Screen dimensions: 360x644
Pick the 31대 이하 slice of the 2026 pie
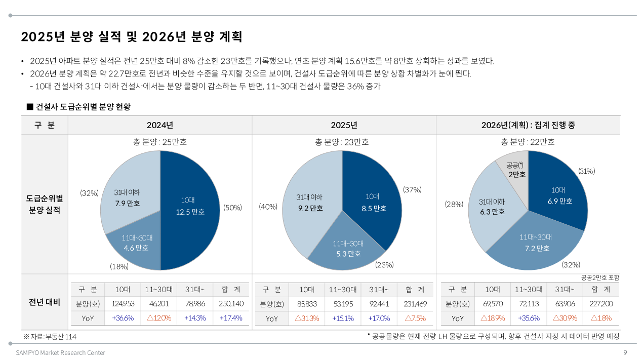tap(491, 208)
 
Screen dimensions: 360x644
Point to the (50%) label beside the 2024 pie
tap(232, 208)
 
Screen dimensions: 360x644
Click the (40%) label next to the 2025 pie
tap(267, 207)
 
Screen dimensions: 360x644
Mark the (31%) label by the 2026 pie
tap(586, 171)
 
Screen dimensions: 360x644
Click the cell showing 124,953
tap(122, 304)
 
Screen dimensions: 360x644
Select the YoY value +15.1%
tap(342, 318)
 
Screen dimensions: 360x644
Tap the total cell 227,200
tap(600, 304)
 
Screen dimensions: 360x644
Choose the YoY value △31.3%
tap(306, 318)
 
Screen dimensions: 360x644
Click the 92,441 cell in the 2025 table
tap(379, 304)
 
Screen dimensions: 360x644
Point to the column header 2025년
tap(344, 125)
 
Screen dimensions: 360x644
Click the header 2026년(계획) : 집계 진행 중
tap(528, 125)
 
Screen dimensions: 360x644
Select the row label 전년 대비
tap(45, 302)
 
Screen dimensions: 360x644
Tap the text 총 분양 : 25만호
tap(160, 142)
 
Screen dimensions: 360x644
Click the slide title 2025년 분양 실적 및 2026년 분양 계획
tap(132, 37)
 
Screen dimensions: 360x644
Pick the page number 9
tap(625, 352)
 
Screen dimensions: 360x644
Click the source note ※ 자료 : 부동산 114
tap(50, 337)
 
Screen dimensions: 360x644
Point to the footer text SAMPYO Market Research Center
tap(60, 352)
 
